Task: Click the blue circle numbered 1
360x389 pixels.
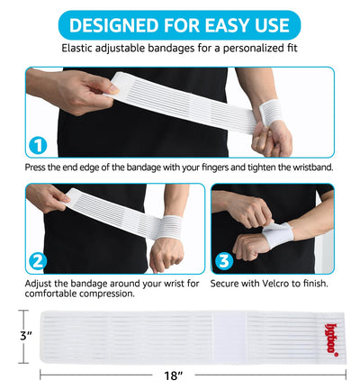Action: [x=38, y=144]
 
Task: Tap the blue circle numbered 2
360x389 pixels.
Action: [x=38, y=262]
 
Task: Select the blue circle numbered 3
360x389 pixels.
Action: [x=222, y=262]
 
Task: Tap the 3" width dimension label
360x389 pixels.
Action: [x=12, y=334]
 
